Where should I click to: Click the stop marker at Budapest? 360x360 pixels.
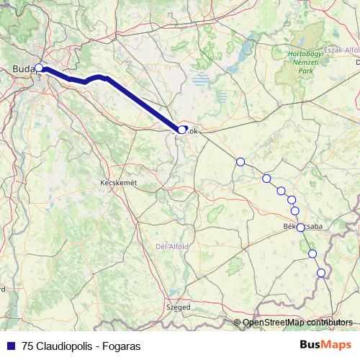(39, 69)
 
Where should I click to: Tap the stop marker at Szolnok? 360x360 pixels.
(182, 130)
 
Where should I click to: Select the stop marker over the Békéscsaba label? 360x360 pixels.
(300, 227)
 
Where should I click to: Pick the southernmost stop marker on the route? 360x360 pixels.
(321, 272)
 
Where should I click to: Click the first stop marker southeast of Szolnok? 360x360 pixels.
(240, 161)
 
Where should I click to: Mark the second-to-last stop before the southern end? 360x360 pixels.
(312, 253)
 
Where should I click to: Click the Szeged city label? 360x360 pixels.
(179, 307)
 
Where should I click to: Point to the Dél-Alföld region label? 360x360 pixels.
(172, 246)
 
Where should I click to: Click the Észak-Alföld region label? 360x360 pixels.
(342, 50)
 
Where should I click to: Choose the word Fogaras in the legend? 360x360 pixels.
(122, 346)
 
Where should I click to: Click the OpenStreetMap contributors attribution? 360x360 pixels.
(297, 323)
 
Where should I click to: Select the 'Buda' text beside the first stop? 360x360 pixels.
(23, 69)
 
